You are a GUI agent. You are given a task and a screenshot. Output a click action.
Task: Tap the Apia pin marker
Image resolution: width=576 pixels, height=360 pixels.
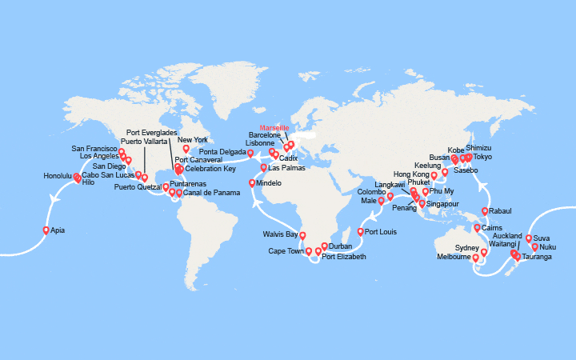(x=46, y=230)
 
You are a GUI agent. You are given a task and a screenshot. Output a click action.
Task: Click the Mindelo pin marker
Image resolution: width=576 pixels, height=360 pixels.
(x=253, y=183)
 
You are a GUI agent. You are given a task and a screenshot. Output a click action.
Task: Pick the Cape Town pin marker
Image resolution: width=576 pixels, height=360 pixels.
(x=309, y=252)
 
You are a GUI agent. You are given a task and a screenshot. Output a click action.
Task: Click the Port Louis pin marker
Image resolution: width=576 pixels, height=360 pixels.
(x=361, y=232)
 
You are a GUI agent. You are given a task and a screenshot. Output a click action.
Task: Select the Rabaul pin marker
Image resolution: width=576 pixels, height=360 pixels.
(x=485, y=211)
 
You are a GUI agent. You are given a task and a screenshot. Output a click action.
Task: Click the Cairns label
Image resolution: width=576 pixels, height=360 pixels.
(x=493, y=228)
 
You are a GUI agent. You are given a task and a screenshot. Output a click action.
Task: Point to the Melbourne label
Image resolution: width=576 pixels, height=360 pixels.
(x=454, y=257)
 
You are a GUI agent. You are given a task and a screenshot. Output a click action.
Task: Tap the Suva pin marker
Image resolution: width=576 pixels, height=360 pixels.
(x=529, y=238)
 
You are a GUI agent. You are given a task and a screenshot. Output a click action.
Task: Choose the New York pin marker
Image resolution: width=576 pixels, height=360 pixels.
(x=186, y=148)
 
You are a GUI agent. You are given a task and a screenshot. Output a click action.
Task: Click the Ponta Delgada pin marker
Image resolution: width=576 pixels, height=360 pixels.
(x=250, y=153)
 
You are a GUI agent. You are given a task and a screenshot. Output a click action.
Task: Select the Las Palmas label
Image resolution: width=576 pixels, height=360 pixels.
(x=286, y=168)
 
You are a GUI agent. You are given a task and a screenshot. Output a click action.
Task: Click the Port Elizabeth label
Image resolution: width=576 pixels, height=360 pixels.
(x=344, y=257)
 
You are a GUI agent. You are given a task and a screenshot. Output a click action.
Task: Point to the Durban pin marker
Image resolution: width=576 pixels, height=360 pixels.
(x=324, y=246)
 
